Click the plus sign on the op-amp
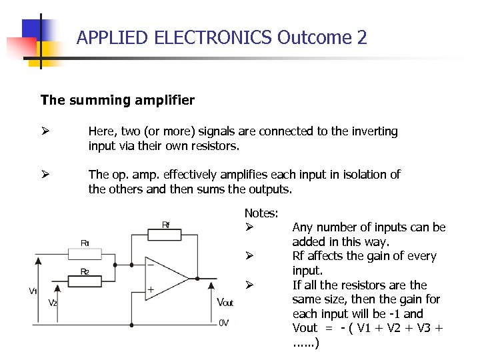(151, 290)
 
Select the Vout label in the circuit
(225, 303)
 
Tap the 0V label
(224, 323)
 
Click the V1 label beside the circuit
(33, 291)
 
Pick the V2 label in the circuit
(53, 303)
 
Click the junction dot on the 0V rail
(132, 324)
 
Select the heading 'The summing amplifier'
(117, 101)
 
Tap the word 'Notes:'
(261, 213)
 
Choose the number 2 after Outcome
(361, 37)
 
